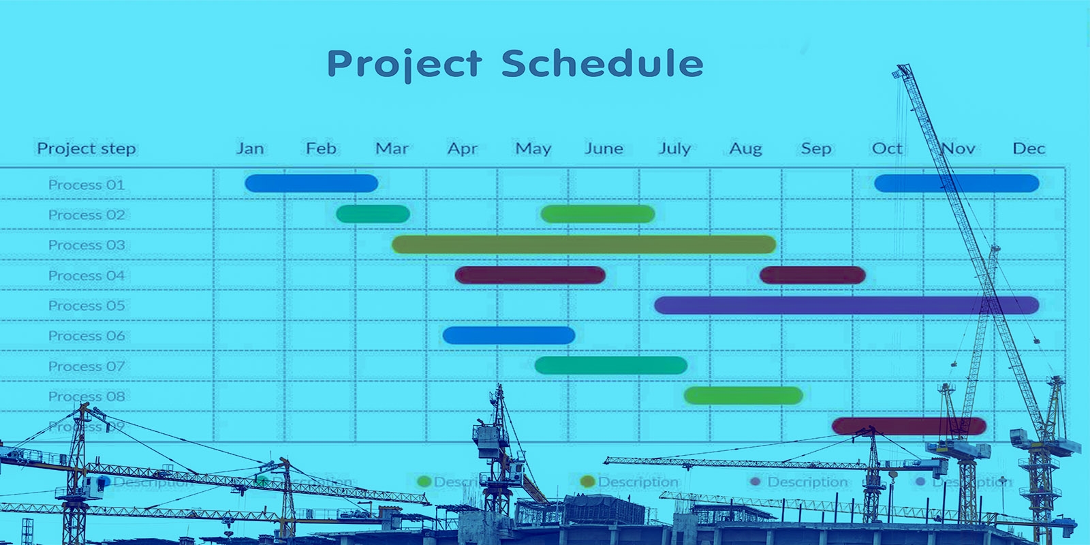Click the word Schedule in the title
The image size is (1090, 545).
pos(602,64)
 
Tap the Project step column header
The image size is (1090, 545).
pos(87,149)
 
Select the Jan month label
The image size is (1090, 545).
pos(250,149)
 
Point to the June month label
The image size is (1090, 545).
pos(604,149)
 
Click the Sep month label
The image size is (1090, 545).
pos(815,149)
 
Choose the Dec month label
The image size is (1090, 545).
pos(1028,149)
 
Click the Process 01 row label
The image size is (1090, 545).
pos(87,185)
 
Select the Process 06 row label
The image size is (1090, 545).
pos(87,336)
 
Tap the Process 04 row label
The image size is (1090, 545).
pos(87,275)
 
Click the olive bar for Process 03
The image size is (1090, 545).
pos(584,245)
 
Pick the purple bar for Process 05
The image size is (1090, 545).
pos(846,305)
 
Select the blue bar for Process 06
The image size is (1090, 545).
pos(509,335)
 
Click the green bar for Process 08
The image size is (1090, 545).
pos(743,396)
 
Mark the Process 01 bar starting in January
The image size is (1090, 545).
pos(311,183)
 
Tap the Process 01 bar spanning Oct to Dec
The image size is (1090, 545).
pos(956,183)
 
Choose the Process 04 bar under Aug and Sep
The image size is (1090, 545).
pos(812,275)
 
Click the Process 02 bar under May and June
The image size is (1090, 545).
pos(597,215)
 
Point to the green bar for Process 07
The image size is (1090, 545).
pos(611,366)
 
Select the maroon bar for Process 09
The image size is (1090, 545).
pos(909,426)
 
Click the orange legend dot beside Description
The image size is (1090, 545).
pos(587,482)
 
